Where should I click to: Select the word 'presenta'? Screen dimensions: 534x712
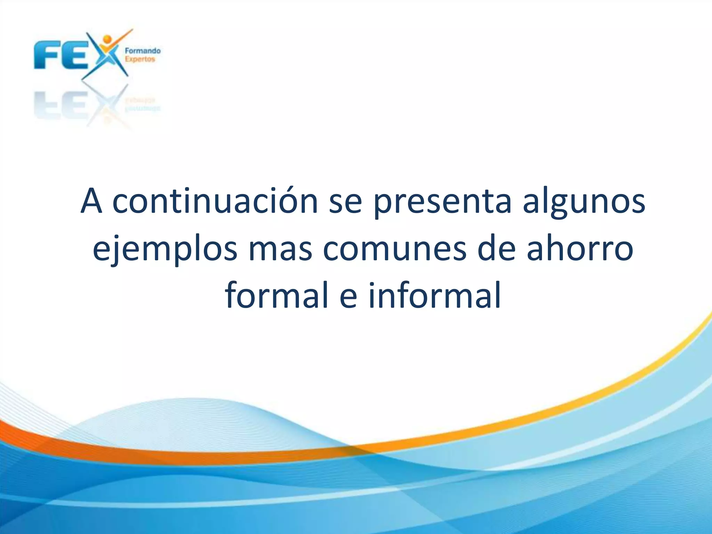(x=442, y=202)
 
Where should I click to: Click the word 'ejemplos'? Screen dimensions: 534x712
(x=165, y=250)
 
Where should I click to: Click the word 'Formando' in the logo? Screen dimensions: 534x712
(x=143, y=51)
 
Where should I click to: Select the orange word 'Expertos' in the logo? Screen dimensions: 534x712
(x=140, y=59)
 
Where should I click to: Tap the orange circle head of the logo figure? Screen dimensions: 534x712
(x=107, y=39)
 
